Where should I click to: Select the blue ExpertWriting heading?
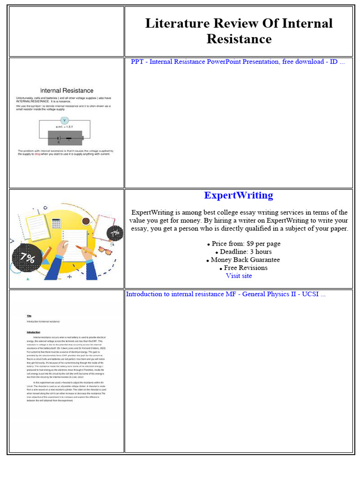click(239, 195)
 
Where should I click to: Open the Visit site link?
click(239, 276)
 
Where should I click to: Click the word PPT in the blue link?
click(137, 62)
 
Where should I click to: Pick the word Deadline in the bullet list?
click(236, 252)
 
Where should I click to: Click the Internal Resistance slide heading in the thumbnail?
click(67, 90)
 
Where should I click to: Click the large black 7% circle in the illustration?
click(27, 257)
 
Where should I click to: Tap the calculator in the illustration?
click(57, 224)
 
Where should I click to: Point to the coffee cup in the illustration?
click(86, 220)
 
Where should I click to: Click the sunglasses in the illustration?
click(106, 251)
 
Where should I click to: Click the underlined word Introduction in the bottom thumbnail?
click(33, 332)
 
